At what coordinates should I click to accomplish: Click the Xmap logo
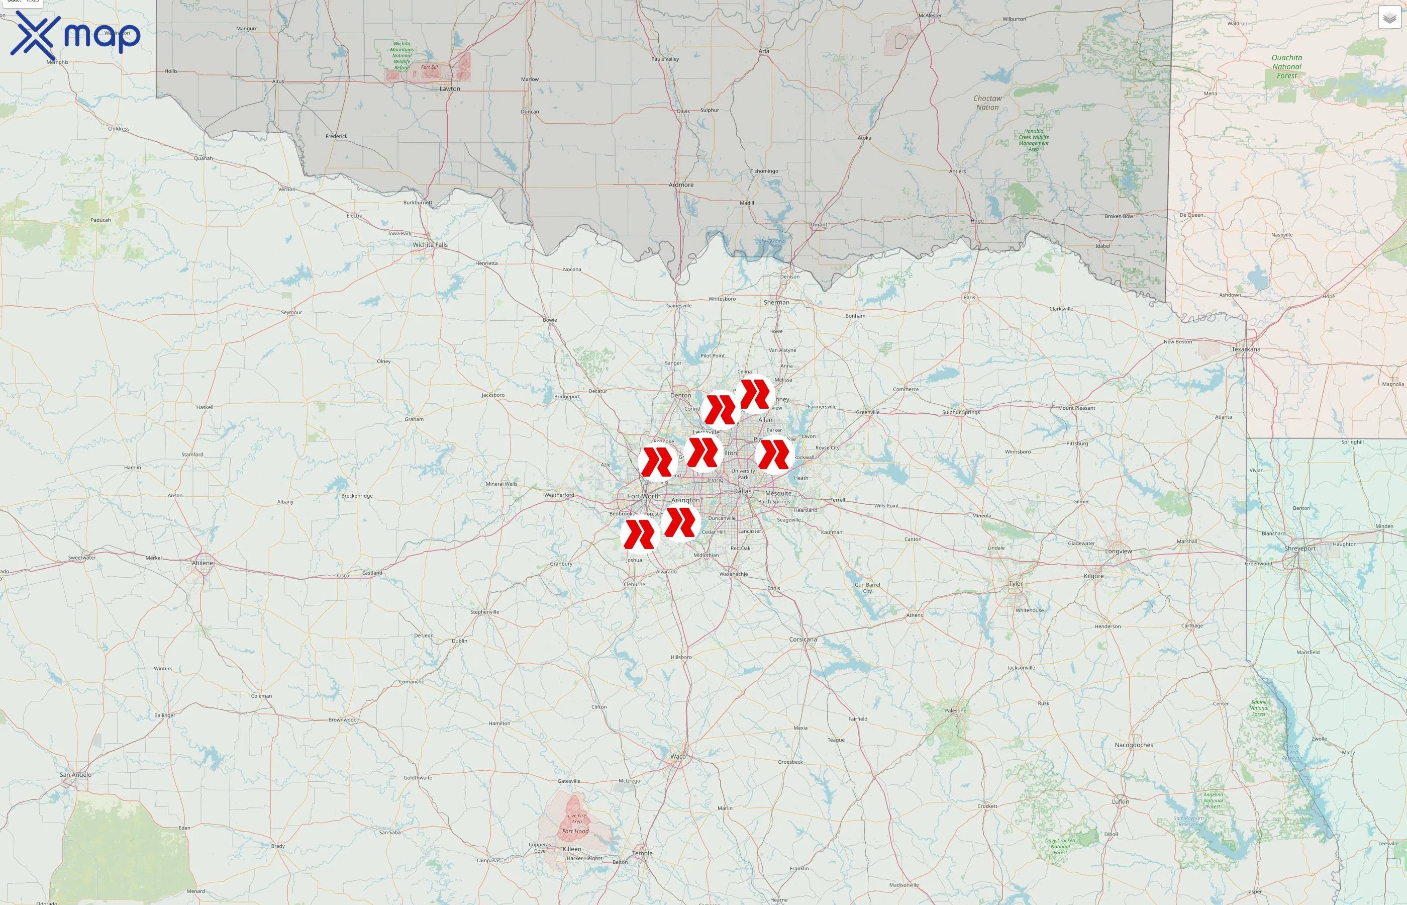[x=75, y=35]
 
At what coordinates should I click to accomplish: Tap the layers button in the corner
[x=1389, y=18]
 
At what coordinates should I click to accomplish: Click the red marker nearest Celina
[x=755, y=394]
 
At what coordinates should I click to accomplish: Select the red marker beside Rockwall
[x=774, y=454]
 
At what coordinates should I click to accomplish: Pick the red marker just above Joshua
[x=640, y=534]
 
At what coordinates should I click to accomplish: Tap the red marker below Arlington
[x=680, y=522]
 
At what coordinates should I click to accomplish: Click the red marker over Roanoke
[x=657, y=462]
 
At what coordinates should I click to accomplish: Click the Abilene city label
[x=203, y=563]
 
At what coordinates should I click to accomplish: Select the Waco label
[x=678, y=756]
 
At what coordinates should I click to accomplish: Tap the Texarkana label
[x=1246, y=349]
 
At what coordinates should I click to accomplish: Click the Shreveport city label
[x=1299, y=549]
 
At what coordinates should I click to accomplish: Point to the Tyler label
[x=1016, y=584]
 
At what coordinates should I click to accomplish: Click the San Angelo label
[x=76, y=775]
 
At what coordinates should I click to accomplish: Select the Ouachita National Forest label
[x=1286, y=66]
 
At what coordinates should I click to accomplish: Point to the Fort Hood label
[x=575, y=831]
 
